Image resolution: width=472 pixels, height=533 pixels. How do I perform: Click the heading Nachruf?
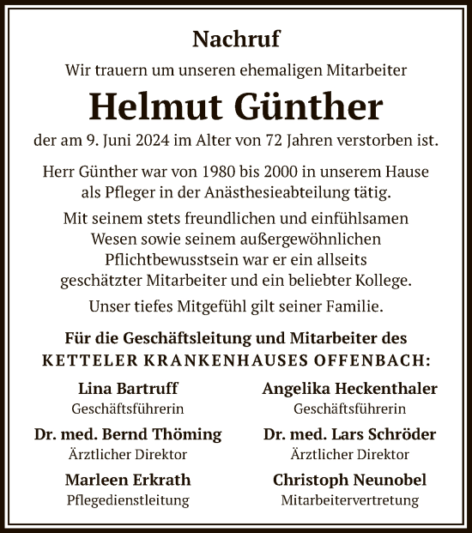coord(236,38)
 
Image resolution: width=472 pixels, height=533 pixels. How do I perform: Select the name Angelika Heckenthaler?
coord(350,389)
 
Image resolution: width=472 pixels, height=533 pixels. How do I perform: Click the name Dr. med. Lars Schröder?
coord(350,434)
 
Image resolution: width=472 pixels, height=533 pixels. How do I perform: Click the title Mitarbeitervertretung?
coord(350,500)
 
